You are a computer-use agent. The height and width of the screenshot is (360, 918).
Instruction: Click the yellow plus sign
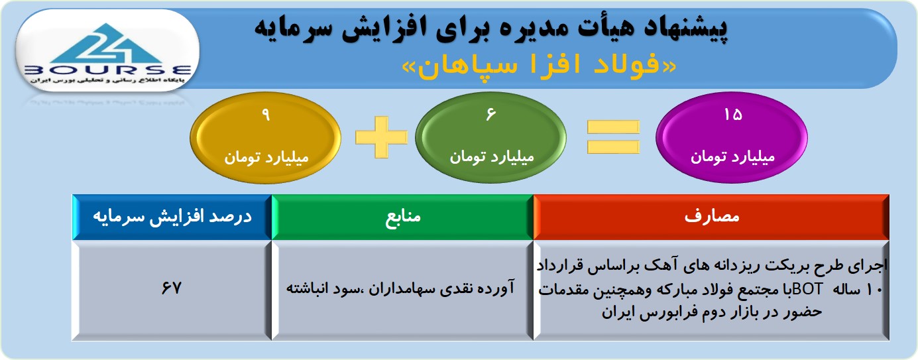382,137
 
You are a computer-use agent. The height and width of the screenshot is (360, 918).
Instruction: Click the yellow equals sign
613,137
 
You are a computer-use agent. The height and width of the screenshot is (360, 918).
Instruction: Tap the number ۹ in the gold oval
266,115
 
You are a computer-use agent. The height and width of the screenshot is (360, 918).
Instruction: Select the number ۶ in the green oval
491,114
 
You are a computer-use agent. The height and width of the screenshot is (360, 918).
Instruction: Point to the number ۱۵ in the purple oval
733,115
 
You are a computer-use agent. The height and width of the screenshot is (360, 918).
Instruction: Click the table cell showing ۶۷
171,288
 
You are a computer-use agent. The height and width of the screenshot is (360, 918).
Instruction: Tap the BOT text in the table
807,290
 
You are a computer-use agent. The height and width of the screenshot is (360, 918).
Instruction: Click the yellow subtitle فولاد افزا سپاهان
538,66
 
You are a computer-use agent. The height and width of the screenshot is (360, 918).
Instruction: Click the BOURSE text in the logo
108,70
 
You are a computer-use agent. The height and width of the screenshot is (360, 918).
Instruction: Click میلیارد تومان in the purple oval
733,157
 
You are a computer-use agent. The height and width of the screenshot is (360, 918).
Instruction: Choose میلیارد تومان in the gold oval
266,157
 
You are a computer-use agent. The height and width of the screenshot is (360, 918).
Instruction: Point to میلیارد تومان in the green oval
492,157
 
